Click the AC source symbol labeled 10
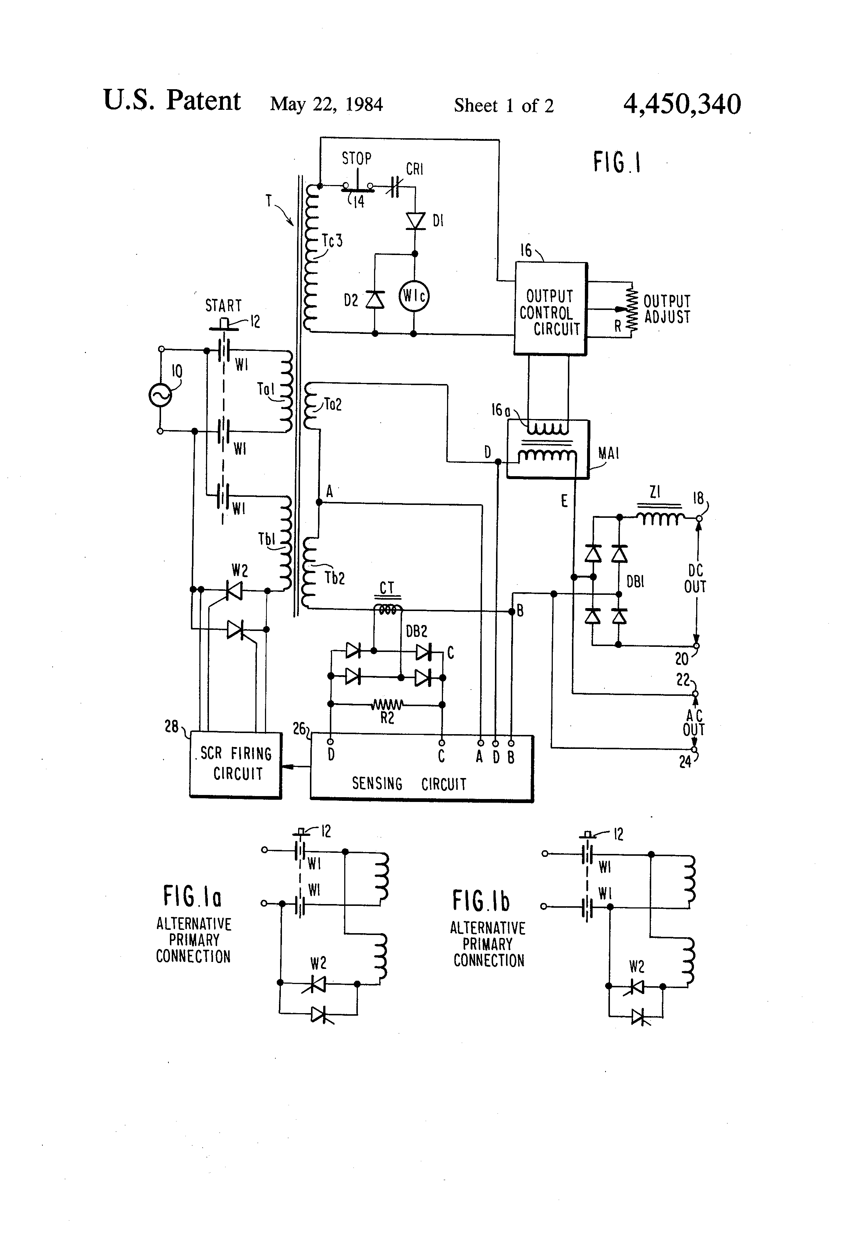click(160, 395)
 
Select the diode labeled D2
click(375, 299)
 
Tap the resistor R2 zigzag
click(387, 705)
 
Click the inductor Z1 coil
click(659, 518)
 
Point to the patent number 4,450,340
click(682, 104)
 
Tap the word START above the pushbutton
click(223, 306)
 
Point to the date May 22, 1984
click(327, 104)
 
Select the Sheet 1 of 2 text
click(504, 105)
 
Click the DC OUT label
click(695, 579)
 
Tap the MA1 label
click(608, 453)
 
